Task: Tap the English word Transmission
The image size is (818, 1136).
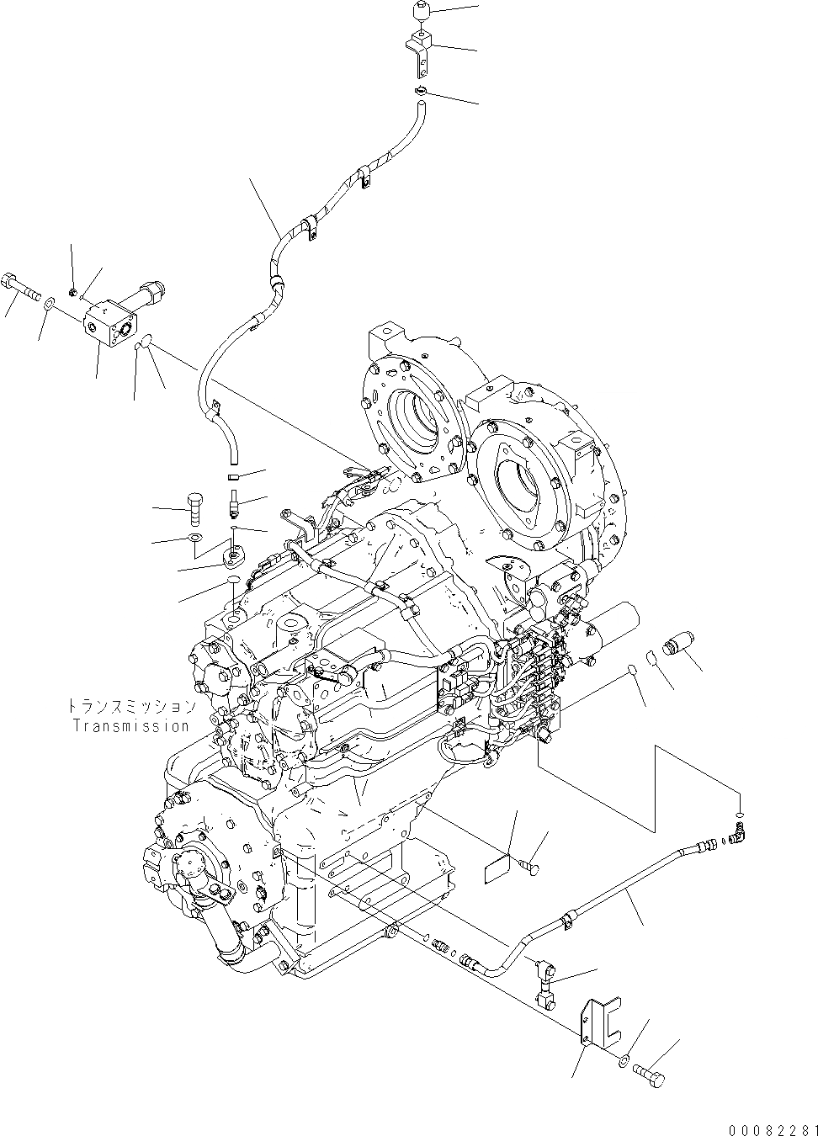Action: pos(130,725)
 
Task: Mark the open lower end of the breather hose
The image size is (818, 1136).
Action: pos(232,455)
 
